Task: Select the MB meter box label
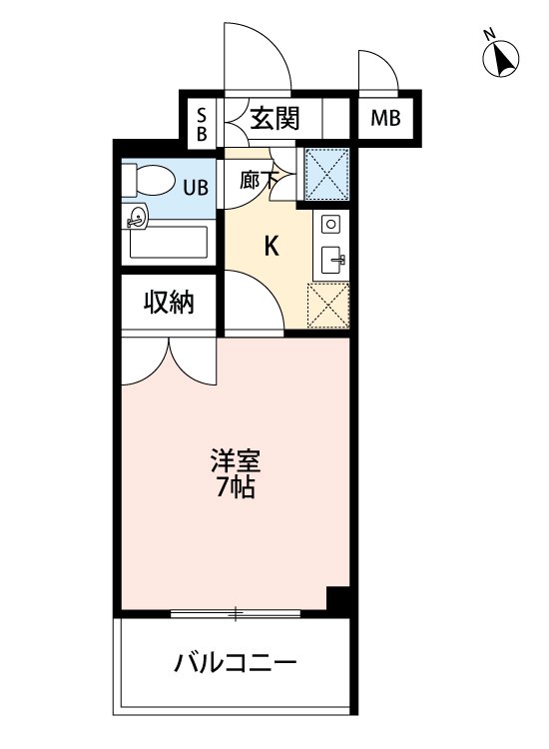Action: (x=385, y=119)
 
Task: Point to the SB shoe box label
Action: (x=201, y=120)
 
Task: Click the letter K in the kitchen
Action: (x=271, y=247)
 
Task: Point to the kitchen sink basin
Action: (x=332, y=262)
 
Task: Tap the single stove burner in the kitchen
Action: (x=331, y=224)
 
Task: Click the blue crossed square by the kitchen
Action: (x=325, y=172)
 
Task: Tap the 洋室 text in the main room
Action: (x=238, y=462)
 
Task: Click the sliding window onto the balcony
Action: (x=237, y=612)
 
